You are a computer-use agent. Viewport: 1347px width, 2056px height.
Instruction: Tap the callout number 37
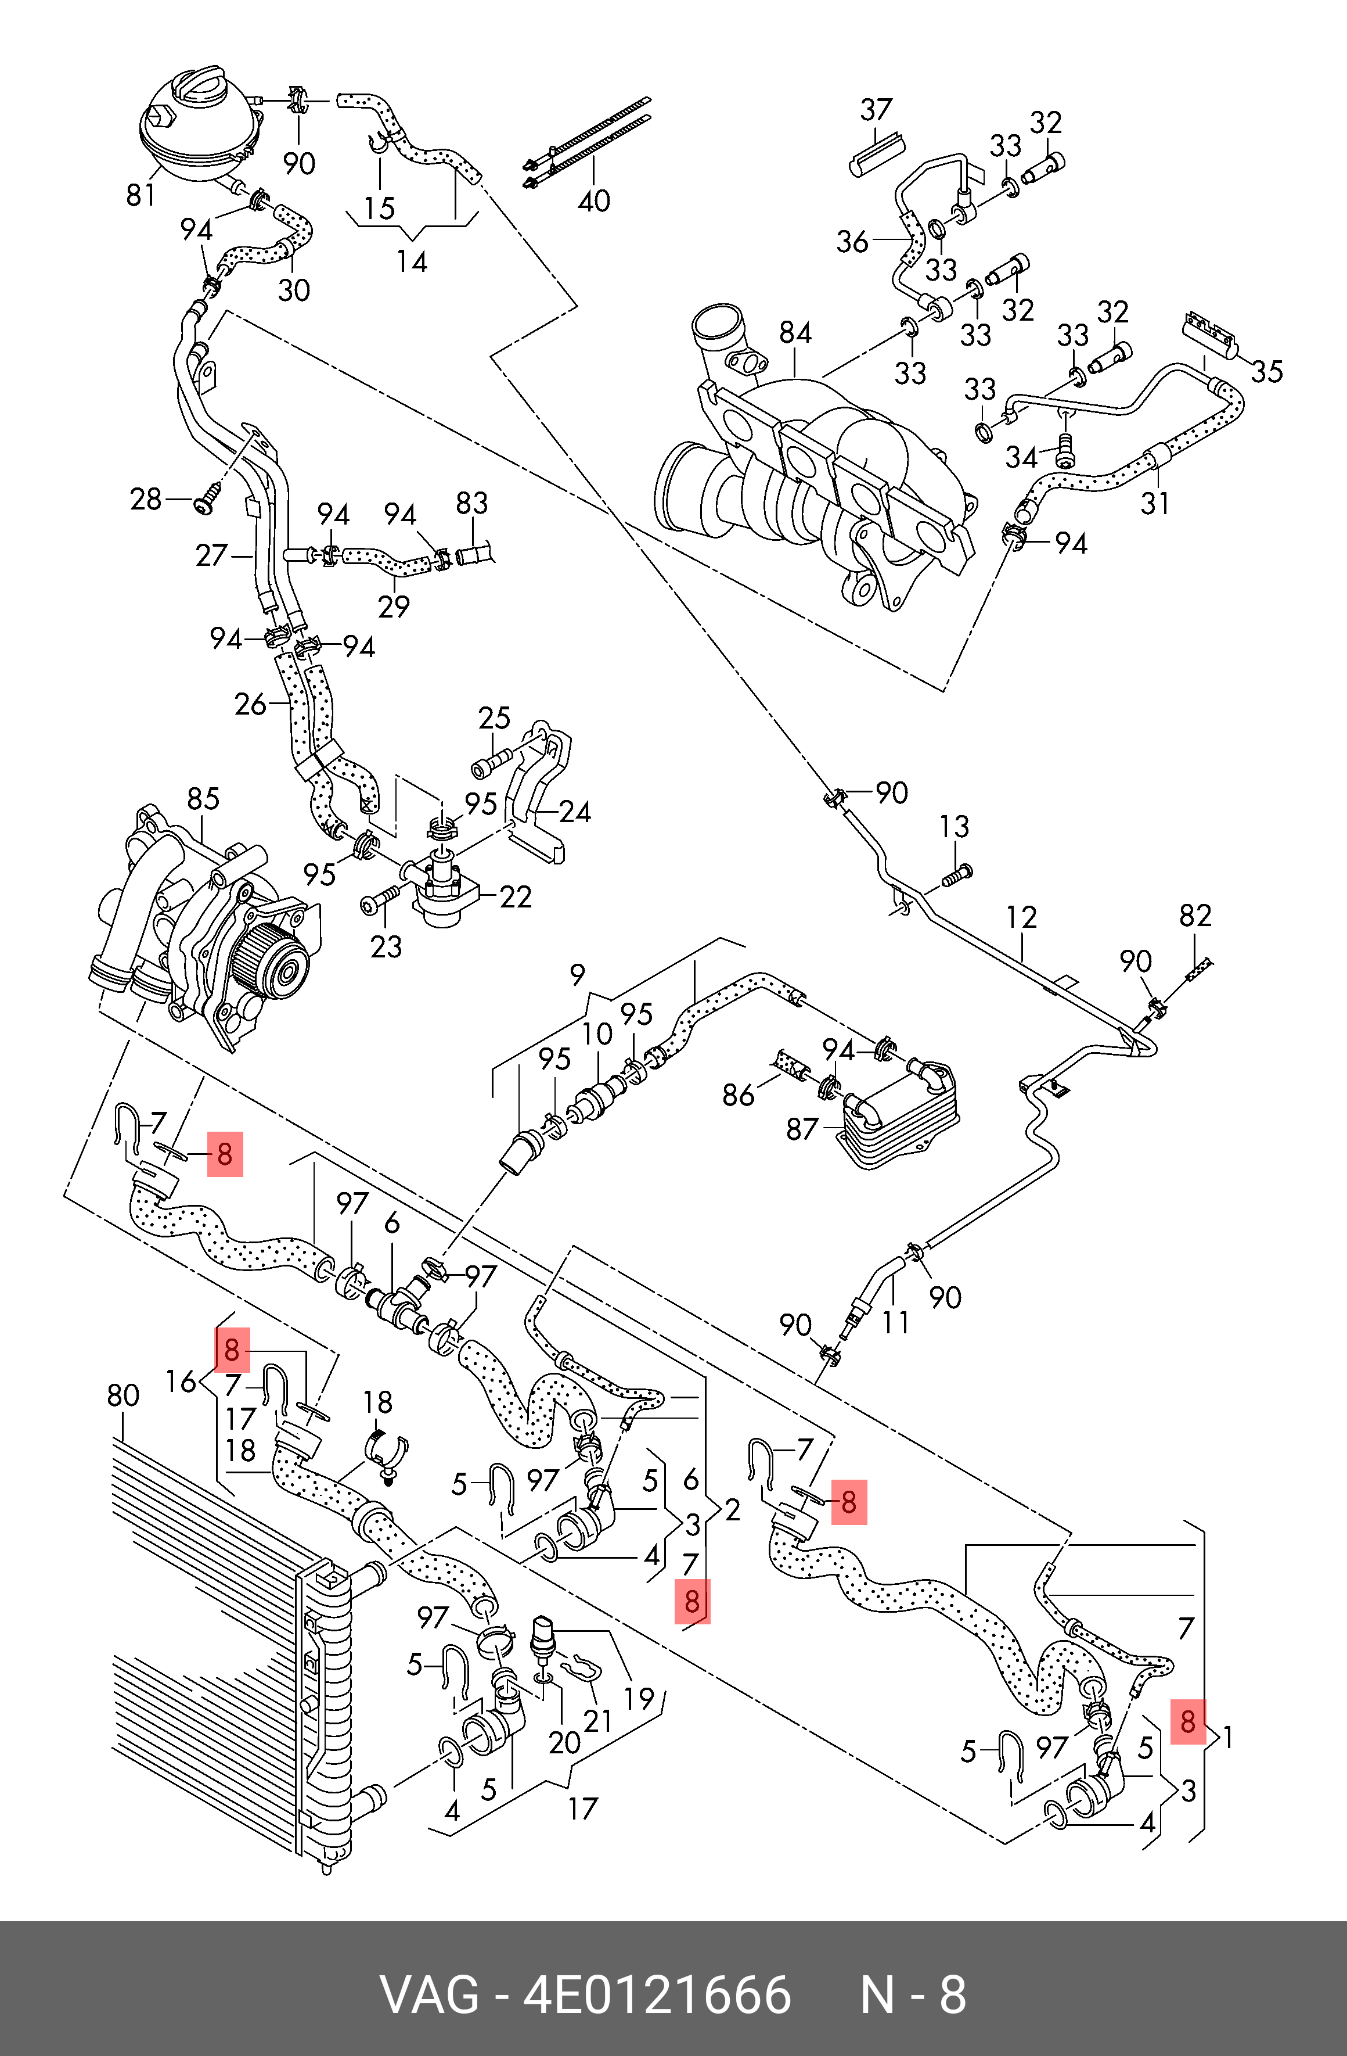click(876, 110)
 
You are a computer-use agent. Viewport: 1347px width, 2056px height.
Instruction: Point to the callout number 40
click(593, 201)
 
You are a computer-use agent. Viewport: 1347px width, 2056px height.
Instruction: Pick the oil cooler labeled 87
click(902, 1114)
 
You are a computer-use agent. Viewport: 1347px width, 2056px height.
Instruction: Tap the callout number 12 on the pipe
click(1021, 917)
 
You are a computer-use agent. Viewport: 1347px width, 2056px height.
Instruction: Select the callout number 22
click(516, 896)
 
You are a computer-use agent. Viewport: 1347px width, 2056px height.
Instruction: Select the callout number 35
click(1267, 371)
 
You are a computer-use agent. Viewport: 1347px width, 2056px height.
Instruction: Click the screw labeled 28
click(206, 501)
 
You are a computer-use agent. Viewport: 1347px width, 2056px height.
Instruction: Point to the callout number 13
click(954, 827)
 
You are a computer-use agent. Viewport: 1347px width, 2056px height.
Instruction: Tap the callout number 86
click(739, 1095)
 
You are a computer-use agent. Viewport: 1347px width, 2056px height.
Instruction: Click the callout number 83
click(471, 503)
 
